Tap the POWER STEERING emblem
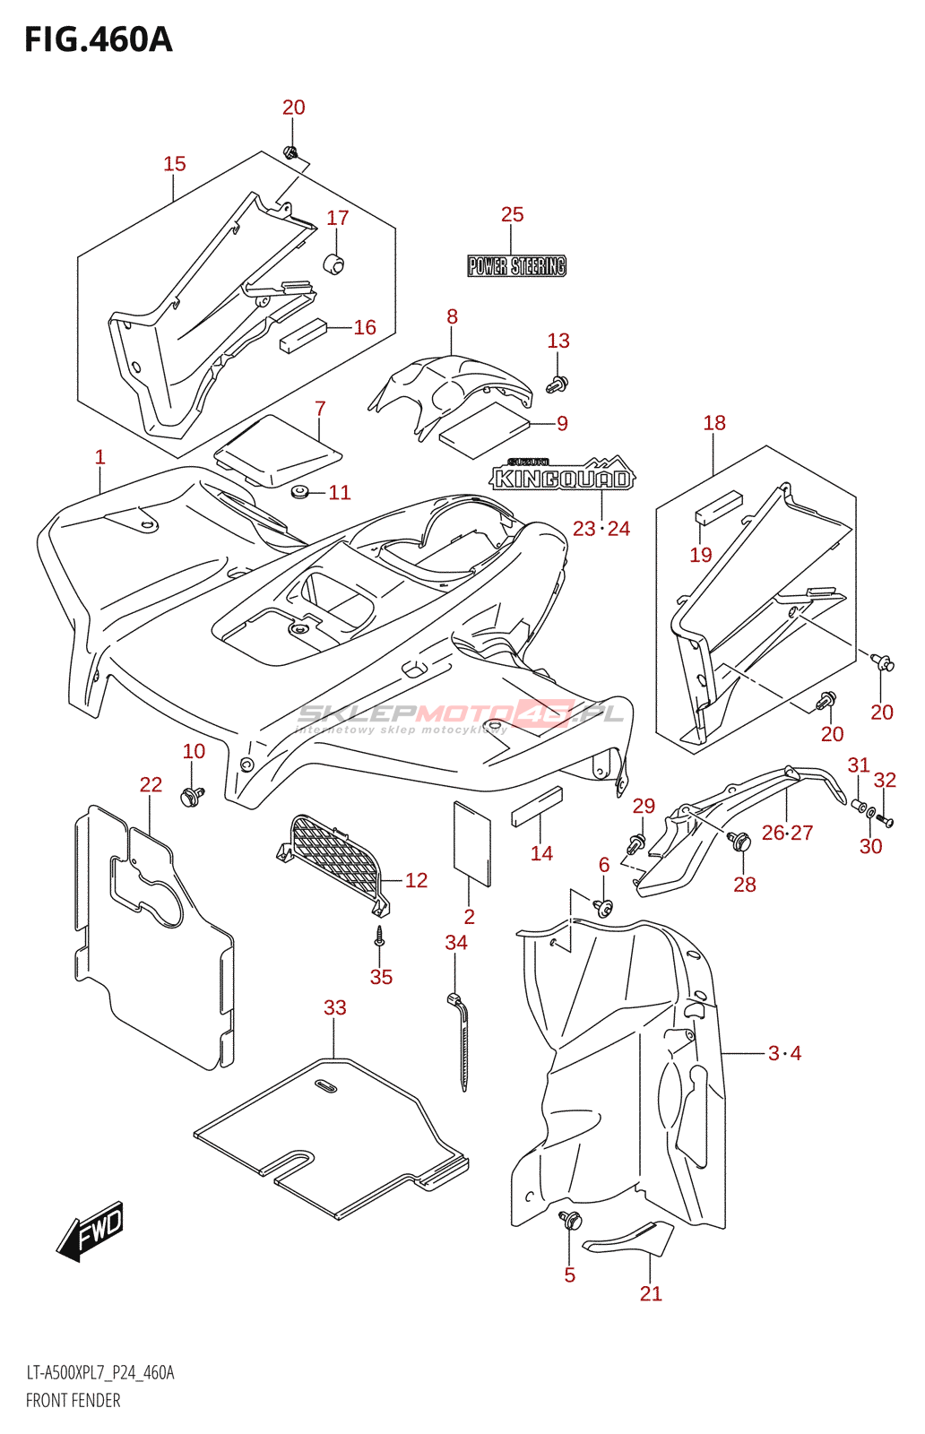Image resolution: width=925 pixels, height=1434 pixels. coord(516,266)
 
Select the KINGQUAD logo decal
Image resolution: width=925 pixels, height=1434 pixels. coord(562,477)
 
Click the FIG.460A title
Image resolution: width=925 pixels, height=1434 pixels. coord(98,39)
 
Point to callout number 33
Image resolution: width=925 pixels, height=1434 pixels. coord(334,1007)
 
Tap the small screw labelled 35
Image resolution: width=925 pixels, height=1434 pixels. coord(380,937)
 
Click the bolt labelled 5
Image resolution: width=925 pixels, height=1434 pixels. coord(570,1221)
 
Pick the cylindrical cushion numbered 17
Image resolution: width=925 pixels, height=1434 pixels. coord(334,264)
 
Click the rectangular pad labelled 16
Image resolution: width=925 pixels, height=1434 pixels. coord(302,334)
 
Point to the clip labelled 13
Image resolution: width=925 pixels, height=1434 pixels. coord(557,384)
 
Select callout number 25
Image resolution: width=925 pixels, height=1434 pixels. coord(512,214)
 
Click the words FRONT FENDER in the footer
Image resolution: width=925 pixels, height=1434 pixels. coord(73,1401)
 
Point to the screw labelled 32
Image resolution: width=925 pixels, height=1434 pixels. coord(886,820)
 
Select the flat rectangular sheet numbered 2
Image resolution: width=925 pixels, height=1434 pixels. coord(471,842)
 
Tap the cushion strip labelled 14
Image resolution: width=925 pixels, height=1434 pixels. coord(537,806)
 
